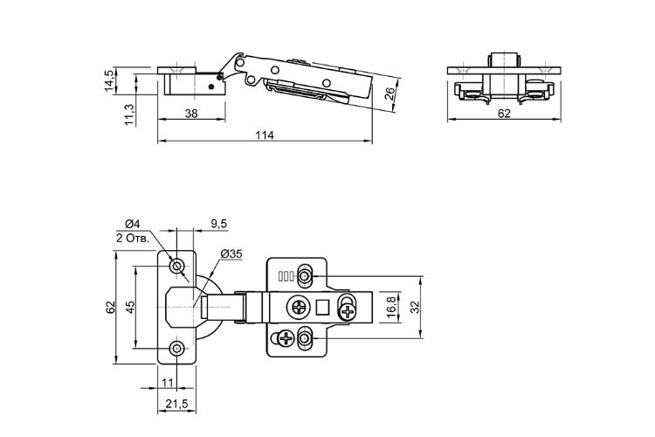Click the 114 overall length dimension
265,135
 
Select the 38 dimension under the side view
191,114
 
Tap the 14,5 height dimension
108,81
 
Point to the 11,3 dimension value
129,114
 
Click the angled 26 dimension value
389,94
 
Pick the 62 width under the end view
504,114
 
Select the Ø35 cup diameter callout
231,253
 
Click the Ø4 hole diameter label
133,224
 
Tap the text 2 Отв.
133,239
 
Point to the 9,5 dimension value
219,224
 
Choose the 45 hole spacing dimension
130,308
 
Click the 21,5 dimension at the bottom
176,404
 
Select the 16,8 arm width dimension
391,308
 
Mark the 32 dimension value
414,308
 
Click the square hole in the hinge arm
322,309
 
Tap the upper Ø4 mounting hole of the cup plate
177,266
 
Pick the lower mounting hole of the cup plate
177,348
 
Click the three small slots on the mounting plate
285,276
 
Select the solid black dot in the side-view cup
211,87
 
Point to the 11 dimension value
167,383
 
